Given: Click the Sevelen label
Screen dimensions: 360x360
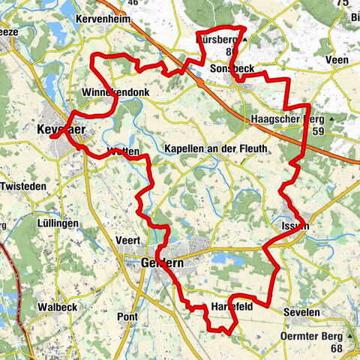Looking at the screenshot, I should tap(301, 311).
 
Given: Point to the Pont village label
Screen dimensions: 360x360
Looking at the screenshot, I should tap(127, 317).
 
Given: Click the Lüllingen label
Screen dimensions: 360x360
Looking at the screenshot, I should tap(58, 224).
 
